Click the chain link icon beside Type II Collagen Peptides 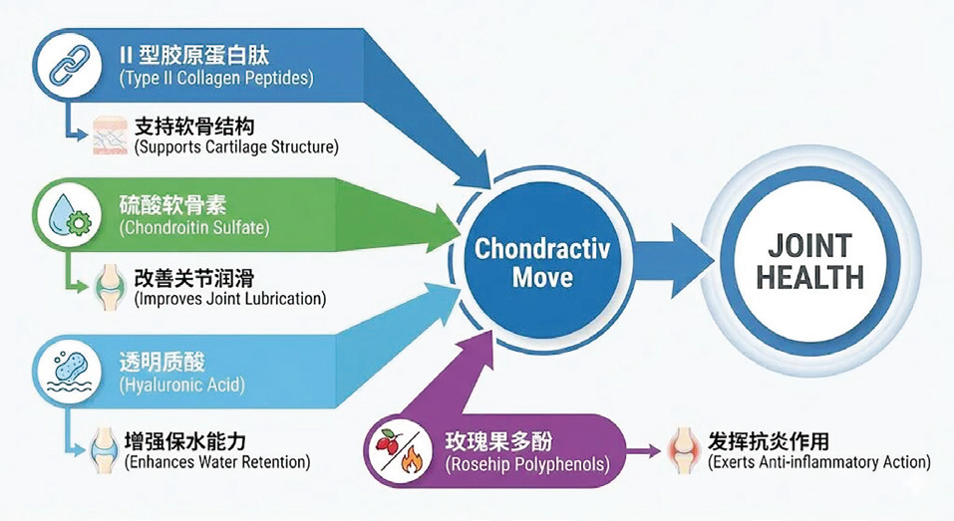66,62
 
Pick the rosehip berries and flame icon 399,453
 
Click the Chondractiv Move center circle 542,261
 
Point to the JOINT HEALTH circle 808,261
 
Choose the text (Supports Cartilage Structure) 236,147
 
